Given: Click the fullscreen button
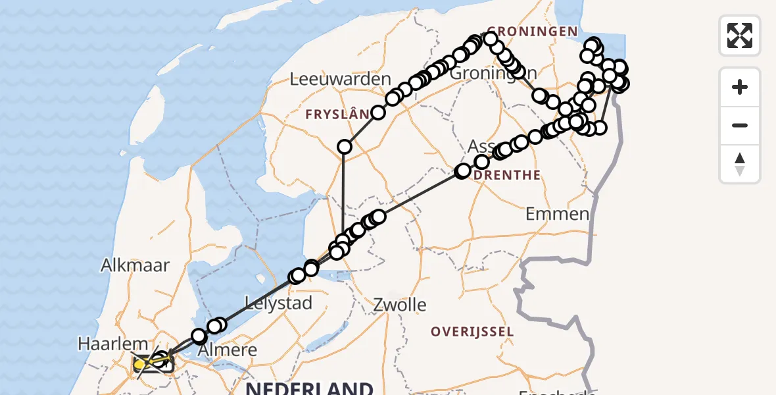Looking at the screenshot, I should tap(740, 35).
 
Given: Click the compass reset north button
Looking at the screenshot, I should tap(740, 164).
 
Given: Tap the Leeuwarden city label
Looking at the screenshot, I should tap(341, 80).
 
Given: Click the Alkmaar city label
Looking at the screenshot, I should tap(135, 265).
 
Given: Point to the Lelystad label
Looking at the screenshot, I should tap(278, 303).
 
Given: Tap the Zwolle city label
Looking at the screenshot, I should tap(399, 305).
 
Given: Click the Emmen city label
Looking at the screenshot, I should tap(558, 214).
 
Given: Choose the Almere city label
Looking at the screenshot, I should tap(228, 350).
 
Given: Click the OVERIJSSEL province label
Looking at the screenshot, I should tap(472, 331).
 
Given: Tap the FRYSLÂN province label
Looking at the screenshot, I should tap(337, 115).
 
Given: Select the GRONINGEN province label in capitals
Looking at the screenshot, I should tap(532, 32).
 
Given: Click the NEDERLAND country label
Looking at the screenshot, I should tap(309, 388).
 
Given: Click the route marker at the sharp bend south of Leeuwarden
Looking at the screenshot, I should tap(345, 147).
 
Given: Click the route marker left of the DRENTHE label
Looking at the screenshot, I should tap(463, 171).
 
